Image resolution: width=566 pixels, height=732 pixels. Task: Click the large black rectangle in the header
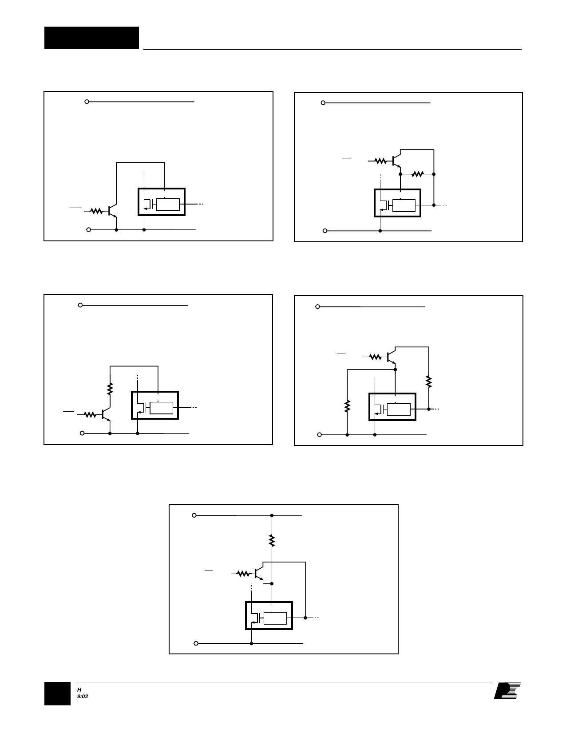pos(91,37)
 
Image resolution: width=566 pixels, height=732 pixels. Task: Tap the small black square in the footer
pos(57,693)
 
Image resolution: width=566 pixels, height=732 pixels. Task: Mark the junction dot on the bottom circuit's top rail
pos(272,516)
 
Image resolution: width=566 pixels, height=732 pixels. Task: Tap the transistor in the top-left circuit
pos(112,211)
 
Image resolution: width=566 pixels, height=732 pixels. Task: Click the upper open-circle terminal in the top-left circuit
pos(87,102)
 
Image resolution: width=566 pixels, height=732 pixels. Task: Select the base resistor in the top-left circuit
pos(97,211)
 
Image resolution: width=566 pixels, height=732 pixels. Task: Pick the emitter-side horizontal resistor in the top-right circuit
pos(417,174)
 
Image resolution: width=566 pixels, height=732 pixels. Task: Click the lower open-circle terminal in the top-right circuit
pos(325,231)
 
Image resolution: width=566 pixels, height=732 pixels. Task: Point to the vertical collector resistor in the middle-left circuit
pos(110,389)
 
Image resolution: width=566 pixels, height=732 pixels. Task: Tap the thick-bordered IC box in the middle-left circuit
pos(155,405)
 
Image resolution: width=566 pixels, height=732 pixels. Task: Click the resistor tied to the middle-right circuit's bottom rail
pos(348,405)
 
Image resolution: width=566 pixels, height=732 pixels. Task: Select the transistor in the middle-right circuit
pos(391,357)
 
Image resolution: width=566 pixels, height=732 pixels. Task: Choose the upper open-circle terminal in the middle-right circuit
pos(318,307)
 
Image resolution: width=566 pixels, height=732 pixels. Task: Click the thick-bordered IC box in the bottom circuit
pos(269,615)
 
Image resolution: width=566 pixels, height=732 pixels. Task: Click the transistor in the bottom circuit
pos(259,574)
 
